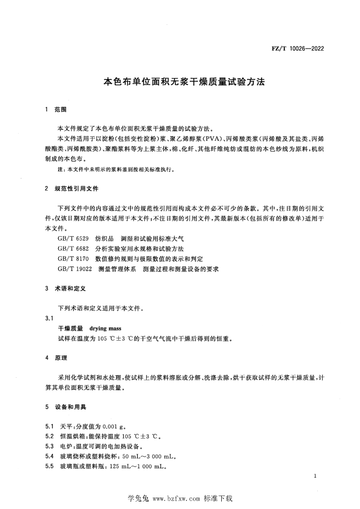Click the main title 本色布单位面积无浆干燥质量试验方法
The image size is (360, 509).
pyautogui.click(x=180, y=82)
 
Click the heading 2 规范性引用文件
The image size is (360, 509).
pyautogui.click(x=72, y=189)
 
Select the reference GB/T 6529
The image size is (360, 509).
pyautogui.click(x=73, y=239)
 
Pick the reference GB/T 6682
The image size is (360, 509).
pyautogui.click(x=73, y=249)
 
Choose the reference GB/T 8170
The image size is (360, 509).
pyautogui.click(x=73, y=259)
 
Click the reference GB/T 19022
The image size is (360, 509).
pyautogui.click(x=75, y=269)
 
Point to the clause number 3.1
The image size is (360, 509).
pyautogui.click(x=49, y=319)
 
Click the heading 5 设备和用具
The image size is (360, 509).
pyautogui.click(x=66, y=407)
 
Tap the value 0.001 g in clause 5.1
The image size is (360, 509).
pyautogui.click(x=116, y=426)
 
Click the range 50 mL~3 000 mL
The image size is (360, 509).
pyautogui.click(x=147, y=456)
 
